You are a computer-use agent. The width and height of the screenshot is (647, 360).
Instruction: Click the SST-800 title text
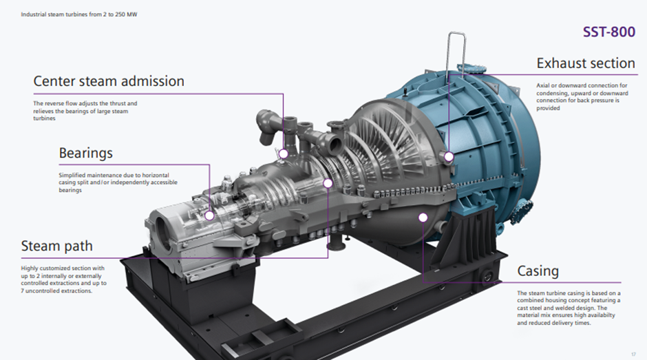(608, 32)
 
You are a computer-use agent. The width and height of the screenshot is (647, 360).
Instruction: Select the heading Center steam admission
(109, 81)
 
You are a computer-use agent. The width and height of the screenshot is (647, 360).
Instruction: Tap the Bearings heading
(86, 153)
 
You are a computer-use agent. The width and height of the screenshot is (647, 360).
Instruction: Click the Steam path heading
(57, 246)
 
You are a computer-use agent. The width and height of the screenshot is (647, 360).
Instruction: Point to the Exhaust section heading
(586, 63)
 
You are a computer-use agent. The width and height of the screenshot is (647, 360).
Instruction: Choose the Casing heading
(538, 271)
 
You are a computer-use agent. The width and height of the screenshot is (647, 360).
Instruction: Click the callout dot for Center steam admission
(284, 154)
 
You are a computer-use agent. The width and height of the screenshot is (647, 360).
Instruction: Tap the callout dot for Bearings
(210, 215)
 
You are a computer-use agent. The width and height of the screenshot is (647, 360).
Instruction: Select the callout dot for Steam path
(328, 183)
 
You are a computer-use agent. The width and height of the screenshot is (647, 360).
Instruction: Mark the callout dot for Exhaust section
(449, 156)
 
